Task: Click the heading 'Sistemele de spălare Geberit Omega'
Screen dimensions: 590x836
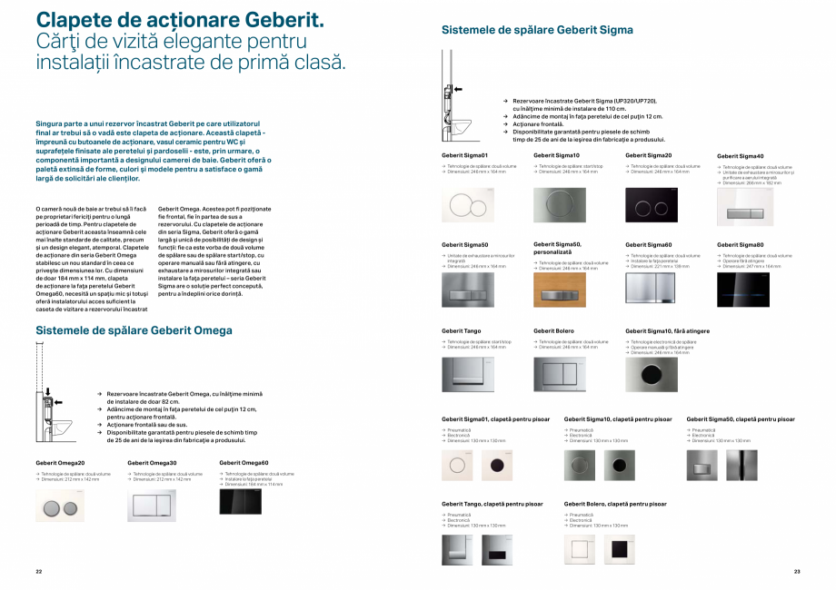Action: [134, 330]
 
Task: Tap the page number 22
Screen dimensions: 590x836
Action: [39, 571]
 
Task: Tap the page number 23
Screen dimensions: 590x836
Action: [797, 571]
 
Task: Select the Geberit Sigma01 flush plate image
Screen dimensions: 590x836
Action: [468, 204]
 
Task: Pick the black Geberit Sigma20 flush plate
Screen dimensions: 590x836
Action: [652, 204]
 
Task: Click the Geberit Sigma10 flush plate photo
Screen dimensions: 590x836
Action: [560, 204]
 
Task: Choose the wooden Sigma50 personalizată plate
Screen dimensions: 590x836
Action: [560, 290]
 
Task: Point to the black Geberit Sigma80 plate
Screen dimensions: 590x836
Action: [743, 288]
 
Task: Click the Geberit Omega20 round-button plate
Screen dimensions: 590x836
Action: [60, 506]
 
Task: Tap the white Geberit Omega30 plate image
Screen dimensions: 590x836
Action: [152, 506]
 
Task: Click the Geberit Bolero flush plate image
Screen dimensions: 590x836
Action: [560, 374]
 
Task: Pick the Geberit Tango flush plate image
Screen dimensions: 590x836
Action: [468, 374]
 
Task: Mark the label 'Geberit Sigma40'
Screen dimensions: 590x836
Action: [740, 156]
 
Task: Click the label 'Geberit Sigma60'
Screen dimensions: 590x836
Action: [648, 245]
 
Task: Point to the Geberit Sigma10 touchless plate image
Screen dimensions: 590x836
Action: [652, 374]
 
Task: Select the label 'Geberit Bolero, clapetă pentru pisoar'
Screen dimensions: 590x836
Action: [616, 503]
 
